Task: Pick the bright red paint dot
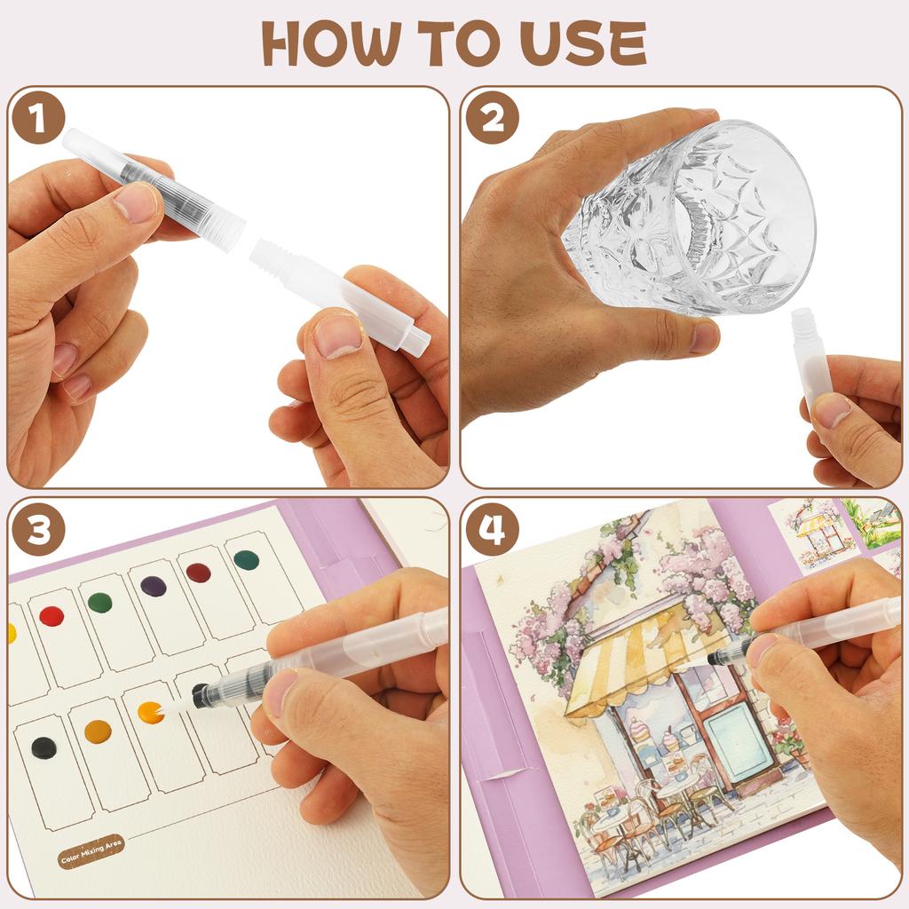pyautogui.click(x=51, y=616)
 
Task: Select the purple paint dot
pyautogui.click(x=154, y=586)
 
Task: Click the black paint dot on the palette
pyautogui.click(x=43, y=747)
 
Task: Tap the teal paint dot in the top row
pyautogui.click(x=246, y=560)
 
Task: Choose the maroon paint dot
pyautogui.click(x=199, y=573)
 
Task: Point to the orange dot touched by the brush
pyautogui.click(x=151, y=712)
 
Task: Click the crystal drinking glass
pyautogui.click(x=692, y=217)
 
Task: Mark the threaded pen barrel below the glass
pyautogui.click(x=811, y=355)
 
